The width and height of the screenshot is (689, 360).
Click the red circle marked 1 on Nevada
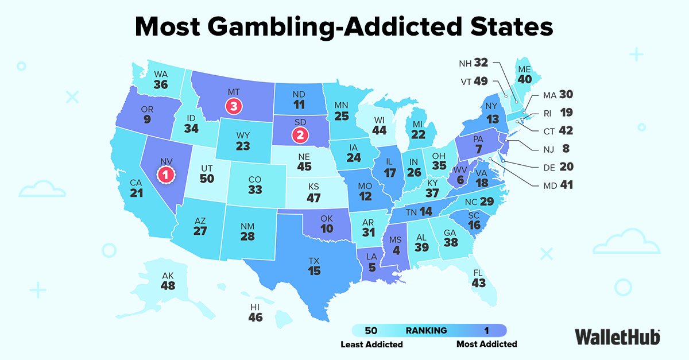click(165, 174)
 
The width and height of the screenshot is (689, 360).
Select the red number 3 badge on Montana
click(234, 106)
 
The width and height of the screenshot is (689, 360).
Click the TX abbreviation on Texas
click(313, 260)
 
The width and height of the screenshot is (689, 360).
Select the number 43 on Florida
click(478, 283)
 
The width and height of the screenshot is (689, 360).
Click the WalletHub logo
click(617, 336)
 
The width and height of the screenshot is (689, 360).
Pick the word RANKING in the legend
click(426, 330)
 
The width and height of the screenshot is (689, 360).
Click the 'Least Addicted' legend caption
click(371, 344)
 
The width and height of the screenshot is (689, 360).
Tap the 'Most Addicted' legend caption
click(486, 344)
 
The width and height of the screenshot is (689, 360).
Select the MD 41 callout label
click(558, 185)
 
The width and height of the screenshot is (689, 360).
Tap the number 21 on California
click(136, 193)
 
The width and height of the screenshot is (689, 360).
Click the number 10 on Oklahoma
click(327, 229)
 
